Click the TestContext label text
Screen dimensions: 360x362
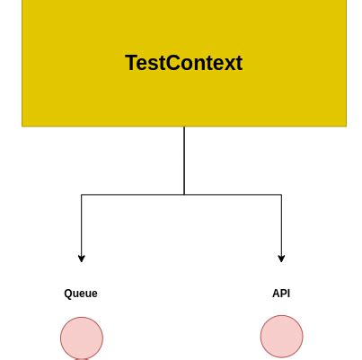(x=183, y=63)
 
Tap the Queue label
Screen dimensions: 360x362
(x=81, y=294)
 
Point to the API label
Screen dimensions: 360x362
(x=281, y=294)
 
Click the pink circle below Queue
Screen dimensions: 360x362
(x=82, y=338)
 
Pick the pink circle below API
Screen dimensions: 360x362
(x=282, y=337)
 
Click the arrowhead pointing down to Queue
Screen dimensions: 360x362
(x=82, y=259)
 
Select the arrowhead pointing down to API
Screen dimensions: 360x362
(x=282, y=259)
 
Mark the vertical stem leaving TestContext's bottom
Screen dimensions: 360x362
(x=184, y=160)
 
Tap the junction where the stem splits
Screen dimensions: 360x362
(x=184, y=195)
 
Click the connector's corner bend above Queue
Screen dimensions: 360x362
(x=82, y=195)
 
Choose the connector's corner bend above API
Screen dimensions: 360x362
(x=282, y=195)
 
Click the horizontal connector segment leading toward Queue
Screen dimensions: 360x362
(x=133, y=195)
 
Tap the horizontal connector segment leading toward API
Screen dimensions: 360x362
(x=234, y=195)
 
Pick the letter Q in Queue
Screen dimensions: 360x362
(x=68, y=294)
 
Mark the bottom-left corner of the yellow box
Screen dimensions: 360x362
(x=22, y=126)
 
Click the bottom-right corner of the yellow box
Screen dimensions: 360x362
(x=346, y=126)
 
